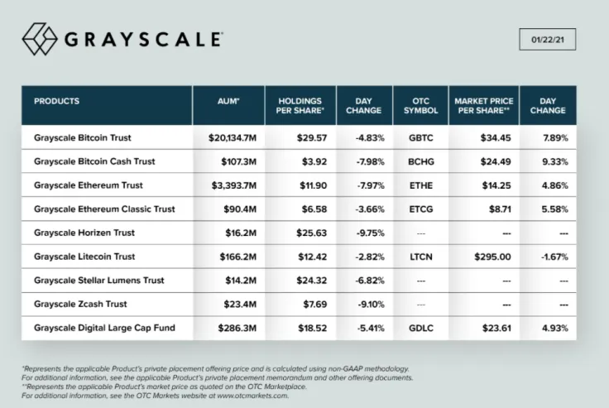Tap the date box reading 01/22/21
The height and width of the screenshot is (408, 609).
click(548, 40)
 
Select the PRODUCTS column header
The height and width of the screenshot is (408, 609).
click(57, 102)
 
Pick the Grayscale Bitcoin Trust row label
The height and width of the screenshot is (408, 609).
click(84, 137)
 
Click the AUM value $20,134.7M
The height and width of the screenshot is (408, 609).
click(235, 137)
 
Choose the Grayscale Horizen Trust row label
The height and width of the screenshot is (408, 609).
click(84, 233)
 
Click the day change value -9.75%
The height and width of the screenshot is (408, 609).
click(364, 233)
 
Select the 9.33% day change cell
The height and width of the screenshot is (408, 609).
click(553, 161)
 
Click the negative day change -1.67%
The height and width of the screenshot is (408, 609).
click(552, 257)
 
